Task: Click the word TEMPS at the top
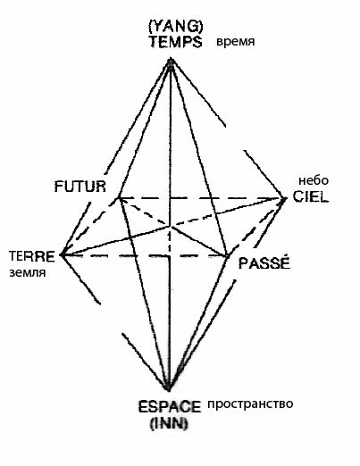coord(176,42)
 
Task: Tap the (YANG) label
coord(176,27)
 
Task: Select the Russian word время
coord(235,42)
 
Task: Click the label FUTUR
coord(80,187)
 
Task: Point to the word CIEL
coord(311,196)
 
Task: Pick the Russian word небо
coord(314,180)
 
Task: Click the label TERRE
coord(32,256)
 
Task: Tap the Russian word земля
coord(28,272)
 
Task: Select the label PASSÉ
coord(264,263)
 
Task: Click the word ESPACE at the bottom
coord(170,407)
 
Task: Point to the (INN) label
coord(169,423)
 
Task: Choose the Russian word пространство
coord(250,404)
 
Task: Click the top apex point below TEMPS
coord(171,62)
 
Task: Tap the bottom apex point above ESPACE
coord(169,387)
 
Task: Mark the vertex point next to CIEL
coord(284,198)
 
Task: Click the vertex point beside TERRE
coord(62,254)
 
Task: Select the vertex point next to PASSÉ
coord(227,255)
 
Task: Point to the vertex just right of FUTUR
coord(119,197)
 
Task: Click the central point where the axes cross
coord(171,227)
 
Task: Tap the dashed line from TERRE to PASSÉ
coord(145,255)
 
